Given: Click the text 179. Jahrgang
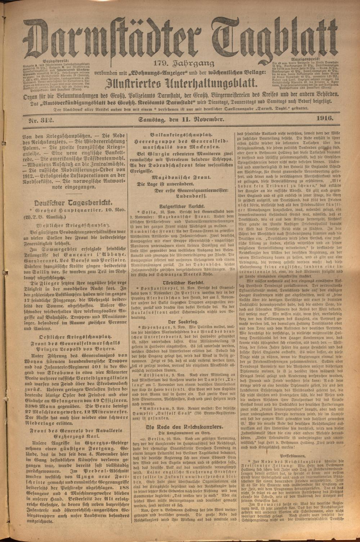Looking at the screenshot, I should click(x=184, y=64).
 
